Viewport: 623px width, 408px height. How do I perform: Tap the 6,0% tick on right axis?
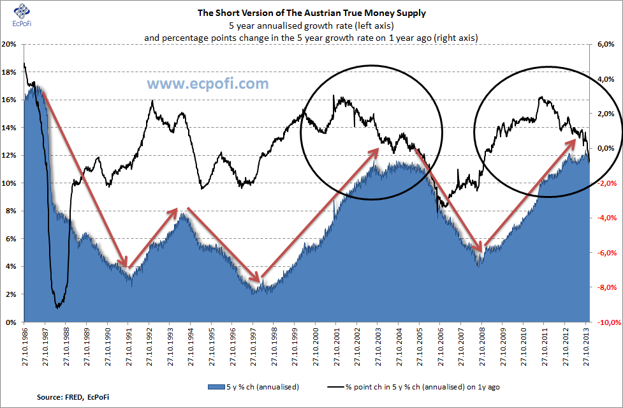[604, 44]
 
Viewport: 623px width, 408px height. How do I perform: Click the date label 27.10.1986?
[25, 349]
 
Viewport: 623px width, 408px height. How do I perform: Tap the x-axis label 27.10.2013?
[587, 349]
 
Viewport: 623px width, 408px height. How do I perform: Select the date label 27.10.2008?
[483, 349]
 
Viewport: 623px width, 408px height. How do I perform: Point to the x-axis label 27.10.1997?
[254, 349]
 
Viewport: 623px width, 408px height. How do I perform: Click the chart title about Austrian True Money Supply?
[311, 12]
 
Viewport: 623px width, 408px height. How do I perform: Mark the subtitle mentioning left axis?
[311, 26]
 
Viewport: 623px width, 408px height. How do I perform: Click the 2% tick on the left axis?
[11, 294]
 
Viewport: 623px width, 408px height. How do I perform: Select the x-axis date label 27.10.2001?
[337, 349]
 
